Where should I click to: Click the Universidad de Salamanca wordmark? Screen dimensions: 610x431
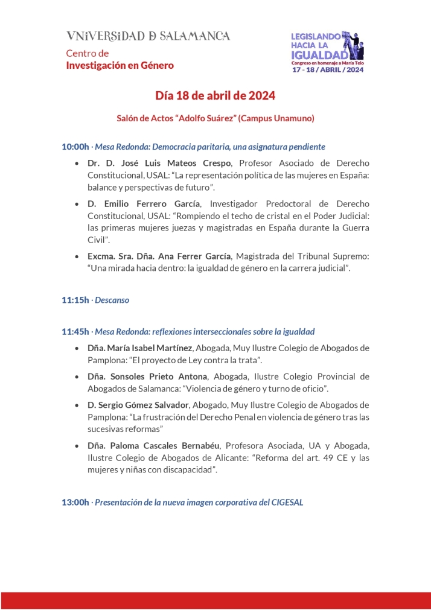pyautogui.click(x=148, y=36)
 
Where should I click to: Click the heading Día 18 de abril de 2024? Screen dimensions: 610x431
pyautogui.click(x=215, y=96)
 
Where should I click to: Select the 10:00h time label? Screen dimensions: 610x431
pyautogui.click(x=75, y=147)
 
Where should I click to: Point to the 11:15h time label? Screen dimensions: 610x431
pyautogui.click(x=75, y=300)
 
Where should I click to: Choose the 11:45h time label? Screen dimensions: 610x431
pyautogui.click(x=75, y=332)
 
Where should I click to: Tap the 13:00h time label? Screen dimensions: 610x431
pyautogui.click(x=75, y=502)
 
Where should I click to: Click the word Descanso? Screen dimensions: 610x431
pyautogui.click(x=112, y=300)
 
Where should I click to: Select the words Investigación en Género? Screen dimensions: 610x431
pyautogui.click(x=120, y=65)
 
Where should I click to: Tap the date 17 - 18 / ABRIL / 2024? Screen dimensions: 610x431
pyautogui.click(x=328, y=69)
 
